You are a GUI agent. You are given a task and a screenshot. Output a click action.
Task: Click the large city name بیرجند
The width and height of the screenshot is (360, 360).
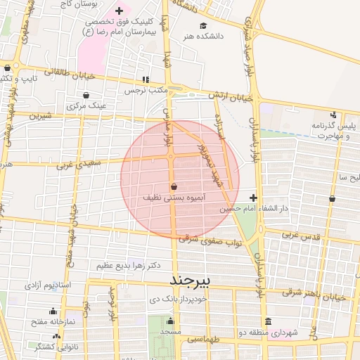(191, 281)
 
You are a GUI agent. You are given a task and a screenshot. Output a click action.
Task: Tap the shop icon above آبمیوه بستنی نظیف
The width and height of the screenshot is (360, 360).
(173, 186)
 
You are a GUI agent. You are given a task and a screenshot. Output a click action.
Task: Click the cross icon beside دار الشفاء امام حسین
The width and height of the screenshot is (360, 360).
(253, 198)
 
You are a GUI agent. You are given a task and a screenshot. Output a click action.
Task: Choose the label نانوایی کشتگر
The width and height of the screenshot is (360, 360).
(56, 347)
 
